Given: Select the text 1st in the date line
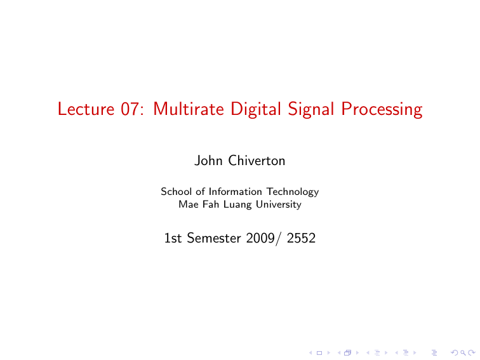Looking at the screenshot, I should (172, 239).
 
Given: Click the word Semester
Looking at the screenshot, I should (210, 239).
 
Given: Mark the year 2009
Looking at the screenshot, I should (258, 239).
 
